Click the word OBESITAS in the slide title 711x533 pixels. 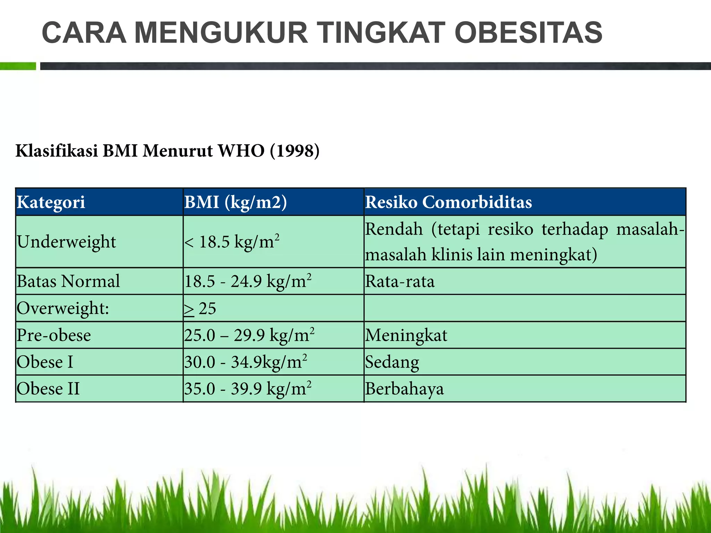click(x=528, y=33)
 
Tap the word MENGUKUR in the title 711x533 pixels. click(x=221, y=33)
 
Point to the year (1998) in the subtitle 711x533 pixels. click(x=294, y=151)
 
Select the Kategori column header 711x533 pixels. click(x=51, y=202)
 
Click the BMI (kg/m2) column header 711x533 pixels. click(x=236, y=202)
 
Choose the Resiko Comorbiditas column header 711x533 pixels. click(x=448, y=202)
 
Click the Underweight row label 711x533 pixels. click(x=66, y=242)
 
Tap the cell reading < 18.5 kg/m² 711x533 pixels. click(x=232, y=242)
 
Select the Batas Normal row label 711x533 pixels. click(x=68, y=281)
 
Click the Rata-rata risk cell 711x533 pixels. click(x=400, y=281)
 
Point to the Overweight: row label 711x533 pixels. click(x=63, y=308)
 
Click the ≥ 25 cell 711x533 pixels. click(x=200, y=308)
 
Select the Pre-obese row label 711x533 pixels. click(x=54, y=335)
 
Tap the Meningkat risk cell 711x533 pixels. click(x=406, y=335)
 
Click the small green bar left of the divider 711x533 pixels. click(x=18, y=66)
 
